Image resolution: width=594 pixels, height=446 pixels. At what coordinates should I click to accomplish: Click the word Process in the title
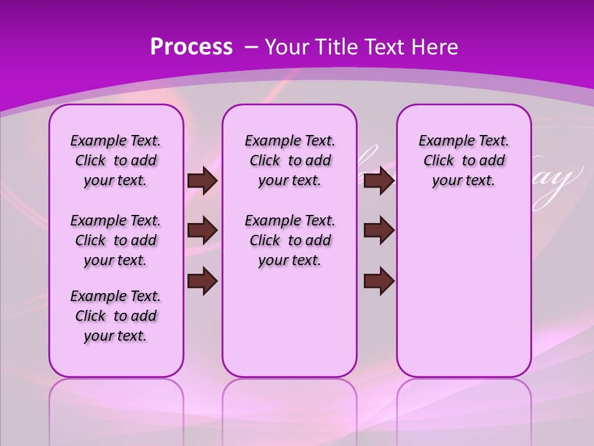click(191, 47)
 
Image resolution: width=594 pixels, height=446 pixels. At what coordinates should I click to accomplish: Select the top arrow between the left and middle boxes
click(202, 181)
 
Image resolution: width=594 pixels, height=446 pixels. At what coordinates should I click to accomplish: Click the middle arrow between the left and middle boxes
click(202, 230)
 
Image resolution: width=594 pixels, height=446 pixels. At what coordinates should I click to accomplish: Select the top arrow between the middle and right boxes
click(379, 181)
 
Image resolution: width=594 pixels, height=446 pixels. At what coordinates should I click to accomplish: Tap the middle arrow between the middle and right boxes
click(379, 230)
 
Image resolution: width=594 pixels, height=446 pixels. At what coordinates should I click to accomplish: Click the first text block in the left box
click(116, 160)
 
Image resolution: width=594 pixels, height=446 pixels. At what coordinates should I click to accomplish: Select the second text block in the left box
click(116, 240)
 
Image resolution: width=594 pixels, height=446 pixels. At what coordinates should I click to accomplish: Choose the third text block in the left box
click(116, 316)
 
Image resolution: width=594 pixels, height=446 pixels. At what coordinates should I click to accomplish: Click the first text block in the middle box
click(290, 160)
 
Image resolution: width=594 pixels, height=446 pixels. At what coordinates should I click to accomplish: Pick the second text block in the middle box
click(290, 240)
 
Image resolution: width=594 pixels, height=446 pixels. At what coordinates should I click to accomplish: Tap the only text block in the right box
click(463, 160)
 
